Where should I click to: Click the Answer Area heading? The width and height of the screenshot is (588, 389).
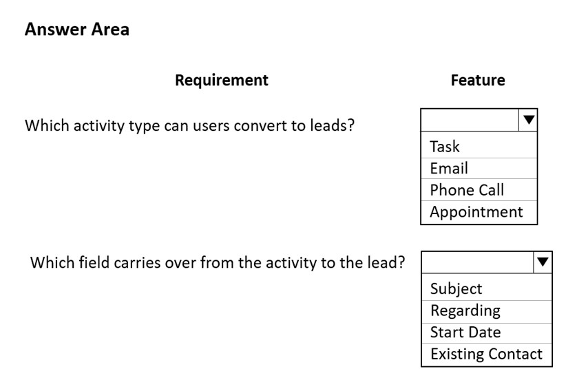[77, 29]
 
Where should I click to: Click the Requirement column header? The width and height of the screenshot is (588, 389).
[222, 81]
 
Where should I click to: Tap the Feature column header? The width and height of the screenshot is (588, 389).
[478, 81]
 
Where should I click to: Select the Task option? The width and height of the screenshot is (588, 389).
[444, 146]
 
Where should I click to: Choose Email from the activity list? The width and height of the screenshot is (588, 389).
[449, 168]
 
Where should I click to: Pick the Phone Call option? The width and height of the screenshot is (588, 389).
[467, 190]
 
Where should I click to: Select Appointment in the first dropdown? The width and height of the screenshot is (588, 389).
[476, 212]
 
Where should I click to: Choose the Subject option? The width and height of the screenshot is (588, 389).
[456, 289]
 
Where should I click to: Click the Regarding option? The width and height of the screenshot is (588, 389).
[465, 311]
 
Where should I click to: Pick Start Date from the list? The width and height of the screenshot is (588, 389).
[465, 333]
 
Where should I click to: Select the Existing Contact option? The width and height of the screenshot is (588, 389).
[486, 354]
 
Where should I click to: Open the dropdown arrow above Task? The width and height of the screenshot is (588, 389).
[528, 120]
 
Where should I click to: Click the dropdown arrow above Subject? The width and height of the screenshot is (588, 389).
[543, 262]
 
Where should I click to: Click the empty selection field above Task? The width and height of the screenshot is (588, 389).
[470, 120]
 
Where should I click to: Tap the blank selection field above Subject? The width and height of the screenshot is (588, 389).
[477, 262]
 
